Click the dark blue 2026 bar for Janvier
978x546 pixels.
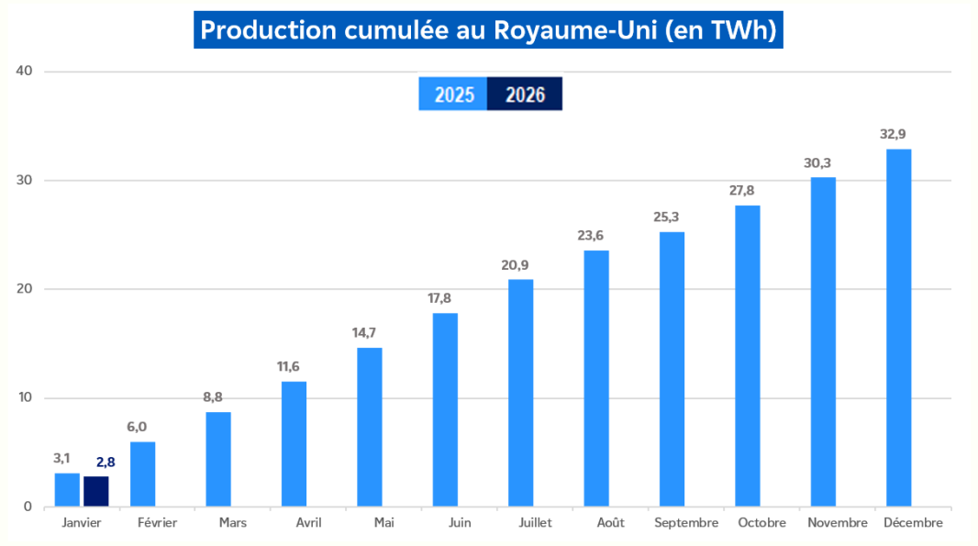click(95, 491)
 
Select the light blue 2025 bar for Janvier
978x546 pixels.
click(67, 490)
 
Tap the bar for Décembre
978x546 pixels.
click(898, 328)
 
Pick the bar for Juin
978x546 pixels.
click(445, 409)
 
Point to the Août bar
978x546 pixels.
click(596, 378)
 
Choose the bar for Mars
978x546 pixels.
click(218, 459)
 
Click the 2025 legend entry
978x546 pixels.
click(453, 95)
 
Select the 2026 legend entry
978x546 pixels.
click(525, 95)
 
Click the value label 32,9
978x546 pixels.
click(898, 134)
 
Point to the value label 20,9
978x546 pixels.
click(520, 265)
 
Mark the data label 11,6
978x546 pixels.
click(294, 367)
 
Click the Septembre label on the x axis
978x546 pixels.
click(686, 523)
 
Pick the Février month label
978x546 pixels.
click(157, 523)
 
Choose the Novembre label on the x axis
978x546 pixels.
click(838, 523)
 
